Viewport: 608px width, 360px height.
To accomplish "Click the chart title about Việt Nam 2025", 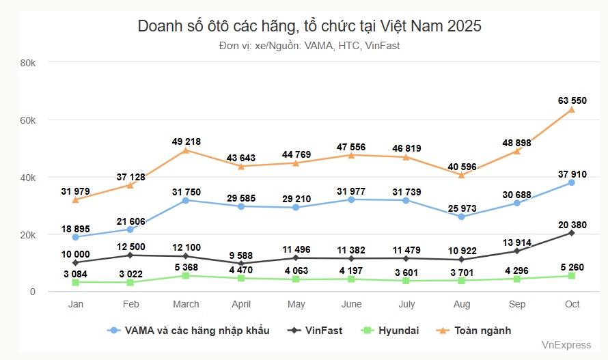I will click(x=309, y=26).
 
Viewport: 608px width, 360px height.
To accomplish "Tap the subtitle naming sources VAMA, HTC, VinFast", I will click(x=309, y=46).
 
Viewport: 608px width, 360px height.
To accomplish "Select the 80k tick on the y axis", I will click(x=27, y=63).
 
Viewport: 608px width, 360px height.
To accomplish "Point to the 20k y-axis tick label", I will click(x=27, y=235).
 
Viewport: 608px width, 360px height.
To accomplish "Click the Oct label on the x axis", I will click(x=572, y=304).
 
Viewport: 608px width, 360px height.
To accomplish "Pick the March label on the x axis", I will click(x=186, y=304).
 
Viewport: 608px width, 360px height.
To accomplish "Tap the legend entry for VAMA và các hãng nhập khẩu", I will click(x=189, y=331).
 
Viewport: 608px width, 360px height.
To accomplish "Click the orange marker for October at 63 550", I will click(x=572, y=109).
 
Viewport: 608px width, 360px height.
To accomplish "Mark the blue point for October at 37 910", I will click(x=572, y=182).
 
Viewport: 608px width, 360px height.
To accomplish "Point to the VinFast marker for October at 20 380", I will click(x=572, y=233).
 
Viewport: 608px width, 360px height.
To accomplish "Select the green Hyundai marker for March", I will click(x=186, y=276).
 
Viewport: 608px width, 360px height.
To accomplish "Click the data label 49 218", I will click(x=186, y=141).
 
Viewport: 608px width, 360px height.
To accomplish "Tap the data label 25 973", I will click(x=461, y=207).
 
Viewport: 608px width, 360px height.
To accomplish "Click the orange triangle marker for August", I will click(x=461, y=175).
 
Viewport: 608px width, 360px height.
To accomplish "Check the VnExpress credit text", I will click(x=566, y=346).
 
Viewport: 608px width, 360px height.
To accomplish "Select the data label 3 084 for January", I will click(x=76, y=274).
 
